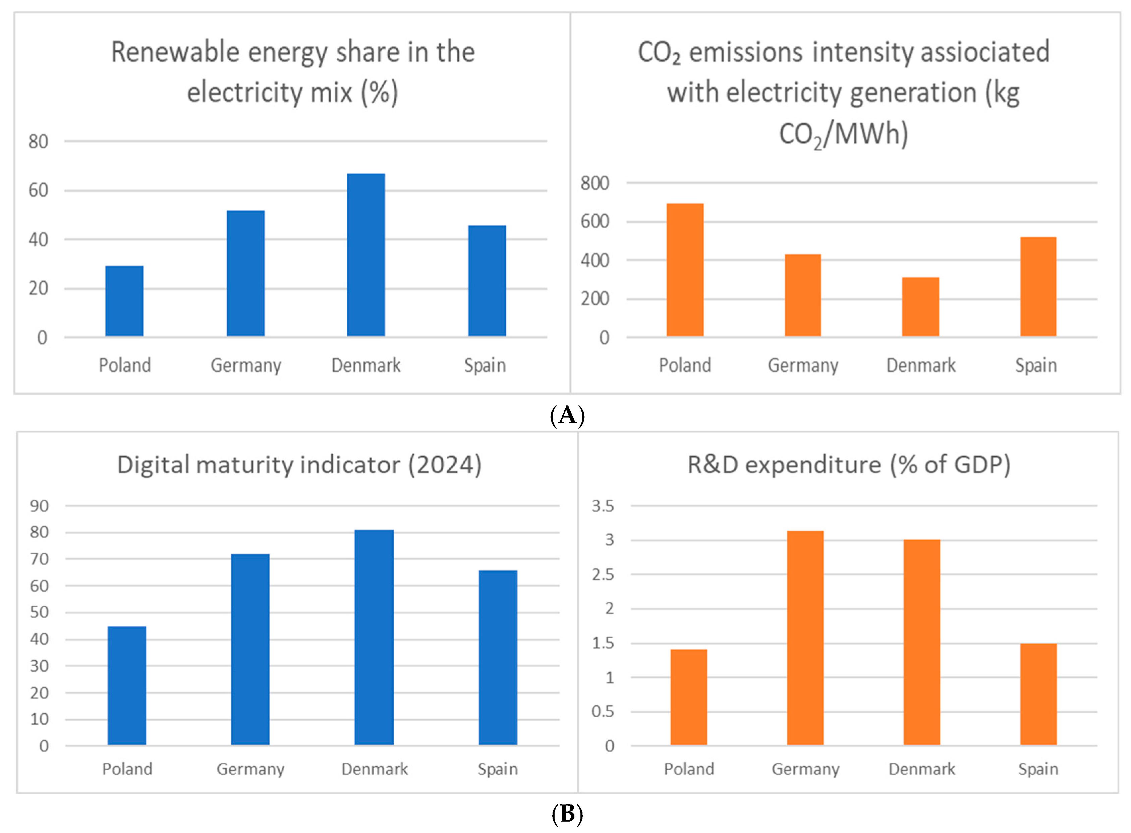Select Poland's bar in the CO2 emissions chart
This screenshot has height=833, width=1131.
685,270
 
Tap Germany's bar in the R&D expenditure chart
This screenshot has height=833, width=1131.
805,638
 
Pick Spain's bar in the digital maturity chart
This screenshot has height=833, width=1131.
498,658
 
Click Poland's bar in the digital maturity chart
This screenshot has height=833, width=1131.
127,686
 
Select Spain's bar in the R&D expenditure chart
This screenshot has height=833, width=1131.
1038,695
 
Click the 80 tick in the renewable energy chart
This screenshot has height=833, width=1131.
38,142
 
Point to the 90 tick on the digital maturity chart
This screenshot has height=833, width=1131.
39,506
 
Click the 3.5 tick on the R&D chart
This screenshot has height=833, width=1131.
603,506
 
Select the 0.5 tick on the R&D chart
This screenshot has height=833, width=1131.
603,712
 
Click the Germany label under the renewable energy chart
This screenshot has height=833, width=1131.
246,366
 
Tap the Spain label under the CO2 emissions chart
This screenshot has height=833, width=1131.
1036,366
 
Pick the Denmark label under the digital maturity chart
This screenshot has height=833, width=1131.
375,769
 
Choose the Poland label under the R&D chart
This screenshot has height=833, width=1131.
689,769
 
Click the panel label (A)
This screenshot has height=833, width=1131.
567,415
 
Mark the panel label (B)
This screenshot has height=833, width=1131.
567,814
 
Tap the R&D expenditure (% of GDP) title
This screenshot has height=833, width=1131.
849,464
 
